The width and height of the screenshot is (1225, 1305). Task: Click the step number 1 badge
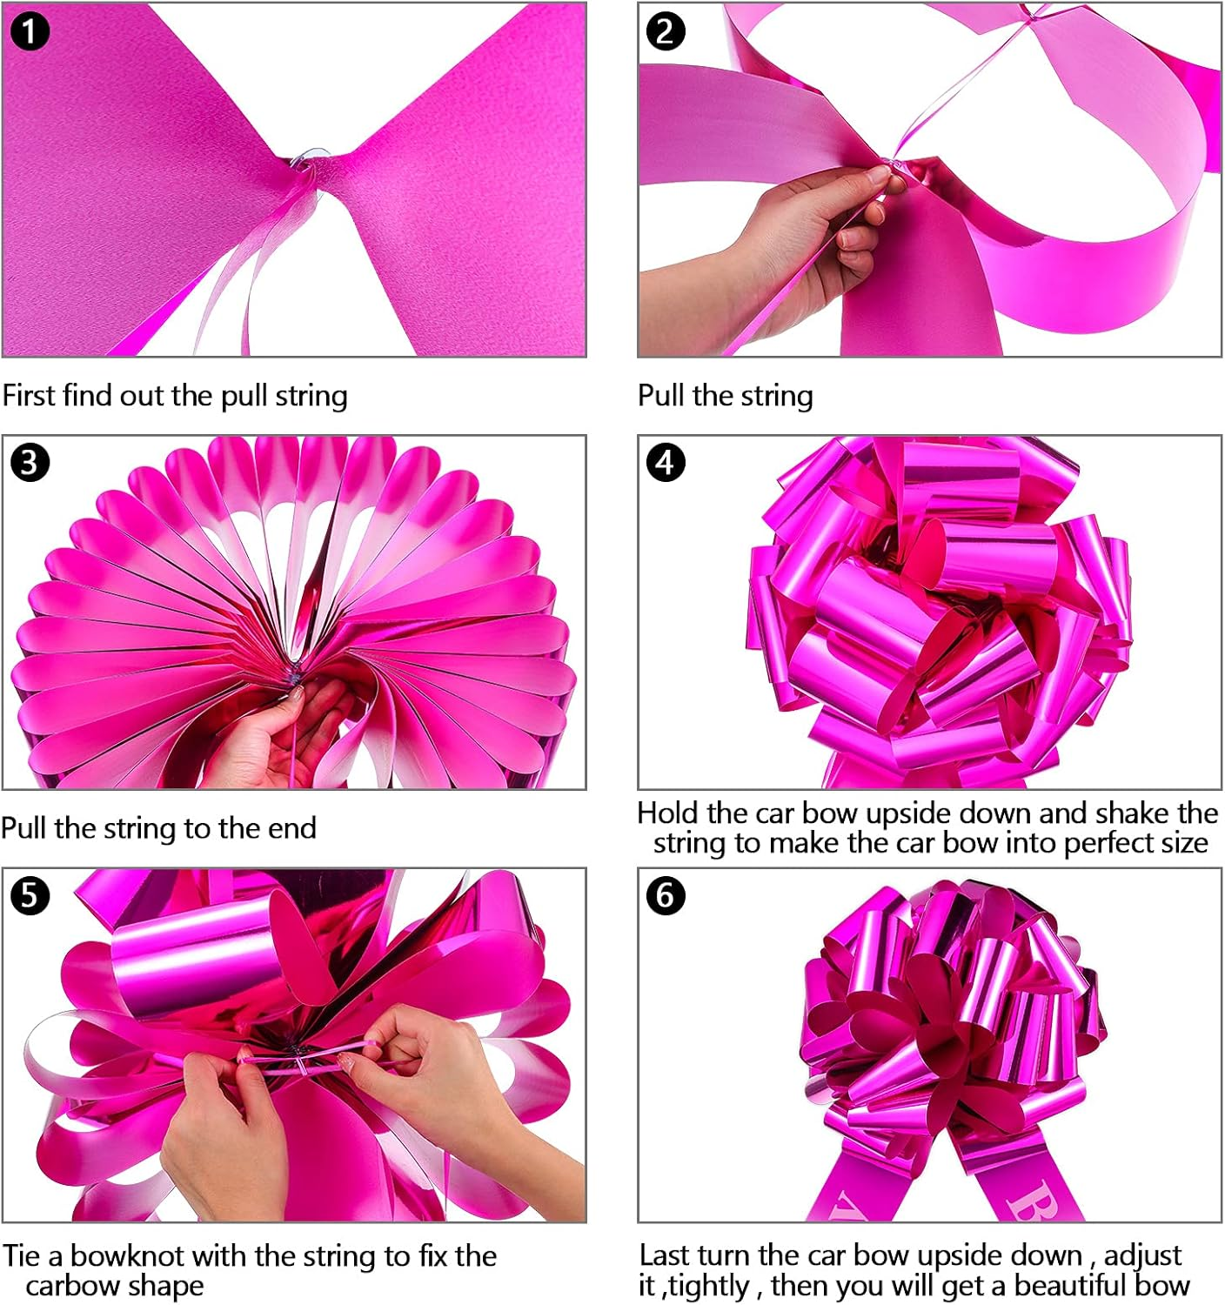[30, 32]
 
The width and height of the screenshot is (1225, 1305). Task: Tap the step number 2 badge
[666, 32]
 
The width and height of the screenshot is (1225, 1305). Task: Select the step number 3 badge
[30, 462]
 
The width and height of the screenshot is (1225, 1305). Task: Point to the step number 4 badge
[666, 462]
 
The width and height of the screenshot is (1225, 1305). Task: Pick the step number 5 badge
[30, 895]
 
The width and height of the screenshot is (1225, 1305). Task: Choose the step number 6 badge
[666, 895]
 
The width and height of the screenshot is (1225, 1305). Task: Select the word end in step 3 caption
[291, 828]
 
